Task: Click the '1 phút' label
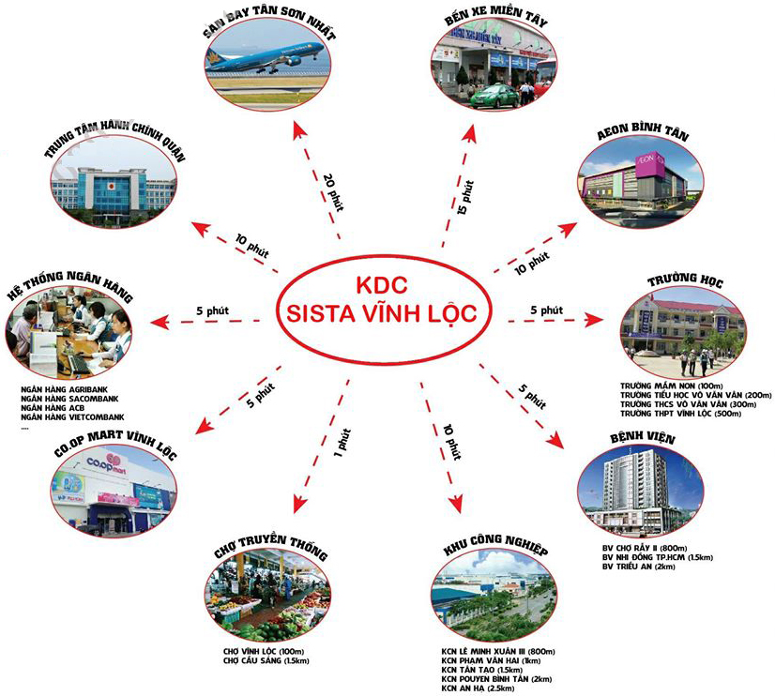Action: pos(345,441)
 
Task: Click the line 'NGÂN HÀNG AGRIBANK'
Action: pos(65,388)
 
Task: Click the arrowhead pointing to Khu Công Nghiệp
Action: pos(457,505)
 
